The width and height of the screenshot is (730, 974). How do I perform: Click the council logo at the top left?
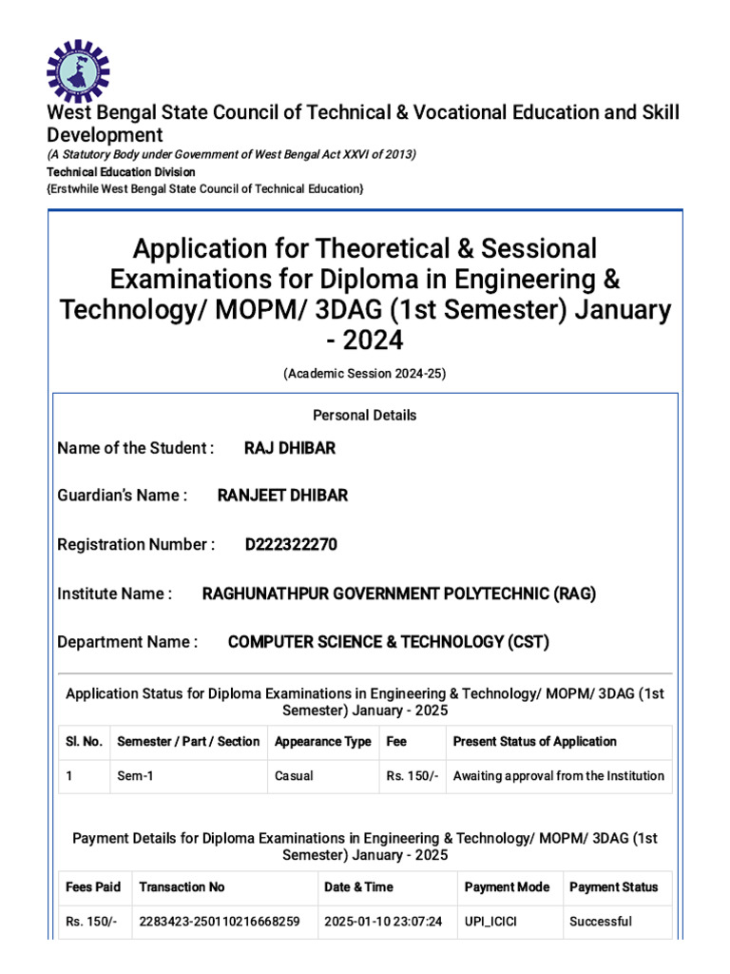79,71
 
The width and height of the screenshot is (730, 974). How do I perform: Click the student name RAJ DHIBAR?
290,448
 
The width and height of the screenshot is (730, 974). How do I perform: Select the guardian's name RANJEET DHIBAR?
282,496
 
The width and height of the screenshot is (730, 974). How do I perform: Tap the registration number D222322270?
291,545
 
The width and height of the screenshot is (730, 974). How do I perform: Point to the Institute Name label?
115,594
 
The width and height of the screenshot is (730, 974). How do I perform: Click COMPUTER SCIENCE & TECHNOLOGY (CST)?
388,642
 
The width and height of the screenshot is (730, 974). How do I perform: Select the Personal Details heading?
364,416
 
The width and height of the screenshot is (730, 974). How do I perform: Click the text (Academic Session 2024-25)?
364,374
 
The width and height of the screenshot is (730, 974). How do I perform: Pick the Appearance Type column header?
322,742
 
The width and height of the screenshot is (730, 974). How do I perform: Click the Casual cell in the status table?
294,776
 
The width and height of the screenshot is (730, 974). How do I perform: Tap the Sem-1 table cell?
135,776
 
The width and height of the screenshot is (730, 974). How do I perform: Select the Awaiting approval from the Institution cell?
558,776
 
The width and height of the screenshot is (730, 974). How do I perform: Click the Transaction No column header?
182,887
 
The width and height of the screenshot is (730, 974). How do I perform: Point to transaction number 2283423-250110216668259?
220,922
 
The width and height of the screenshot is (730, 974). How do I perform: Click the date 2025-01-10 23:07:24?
383,922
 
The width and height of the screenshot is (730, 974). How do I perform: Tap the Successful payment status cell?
600,922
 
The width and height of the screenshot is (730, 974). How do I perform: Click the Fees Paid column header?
93,887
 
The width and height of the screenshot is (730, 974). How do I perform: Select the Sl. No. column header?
84,742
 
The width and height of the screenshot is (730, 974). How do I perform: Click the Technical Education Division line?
122,172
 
